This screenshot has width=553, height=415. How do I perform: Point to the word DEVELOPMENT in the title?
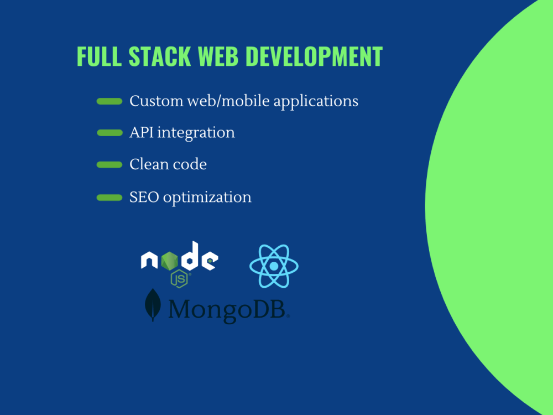click(314, 57)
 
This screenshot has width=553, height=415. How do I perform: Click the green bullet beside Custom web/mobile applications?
click(109, 101)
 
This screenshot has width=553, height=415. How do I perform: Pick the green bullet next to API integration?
click(109, 133)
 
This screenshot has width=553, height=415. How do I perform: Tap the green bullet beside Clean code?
click(109, 164)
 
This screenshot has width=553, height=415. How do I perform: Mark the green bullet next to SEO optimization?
click(109, 197)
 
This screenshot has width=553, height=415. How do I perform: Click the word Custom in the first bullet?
click(148, 101)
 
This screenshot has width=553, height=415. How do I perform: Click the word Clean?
click(147, 164)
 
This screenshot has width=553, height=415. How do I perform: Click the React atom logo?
click(274, 266)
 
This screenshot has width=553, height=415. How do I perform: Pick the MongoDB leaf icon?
click(153, 305)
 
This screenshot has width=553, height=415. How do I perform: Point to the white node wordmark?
click(179, 258)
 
